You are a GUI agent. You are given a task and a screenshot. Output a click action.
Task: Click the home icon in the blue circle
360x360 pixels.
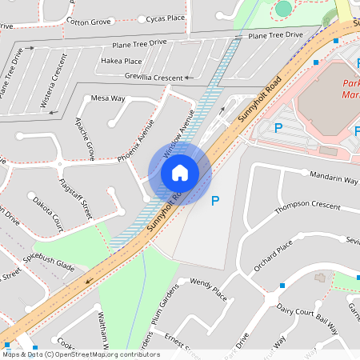[x=180, y=173]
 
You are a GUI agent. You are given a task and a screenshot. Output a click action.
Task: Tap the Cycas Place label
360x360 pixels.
[x=165, y=18]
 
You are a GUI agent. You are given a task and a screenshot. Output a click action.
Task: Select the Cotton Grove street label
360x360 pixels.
[x=89, y=22]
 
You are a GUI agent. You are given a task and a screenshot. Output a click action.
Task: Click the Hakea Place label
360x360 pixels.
[x=122, y=61]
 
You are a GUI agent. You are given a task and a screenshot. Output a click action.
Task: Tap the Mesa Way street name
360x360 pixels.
[x=109, y=98]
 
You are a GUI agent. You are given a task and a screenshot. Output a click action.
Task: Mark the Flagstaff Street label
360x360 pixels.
[x=76, y=198]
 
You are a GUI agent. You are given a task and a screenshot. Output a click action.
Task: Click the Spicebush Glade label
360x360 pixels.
[x=48, y=267]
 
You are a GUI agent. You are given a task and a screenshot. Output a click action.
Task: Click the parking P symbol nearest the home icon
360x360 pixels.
[x=214, y=201]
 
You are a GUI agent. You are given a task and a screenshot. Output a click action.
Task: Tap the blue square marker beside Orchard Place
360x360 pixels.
[x=282, y=286]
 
